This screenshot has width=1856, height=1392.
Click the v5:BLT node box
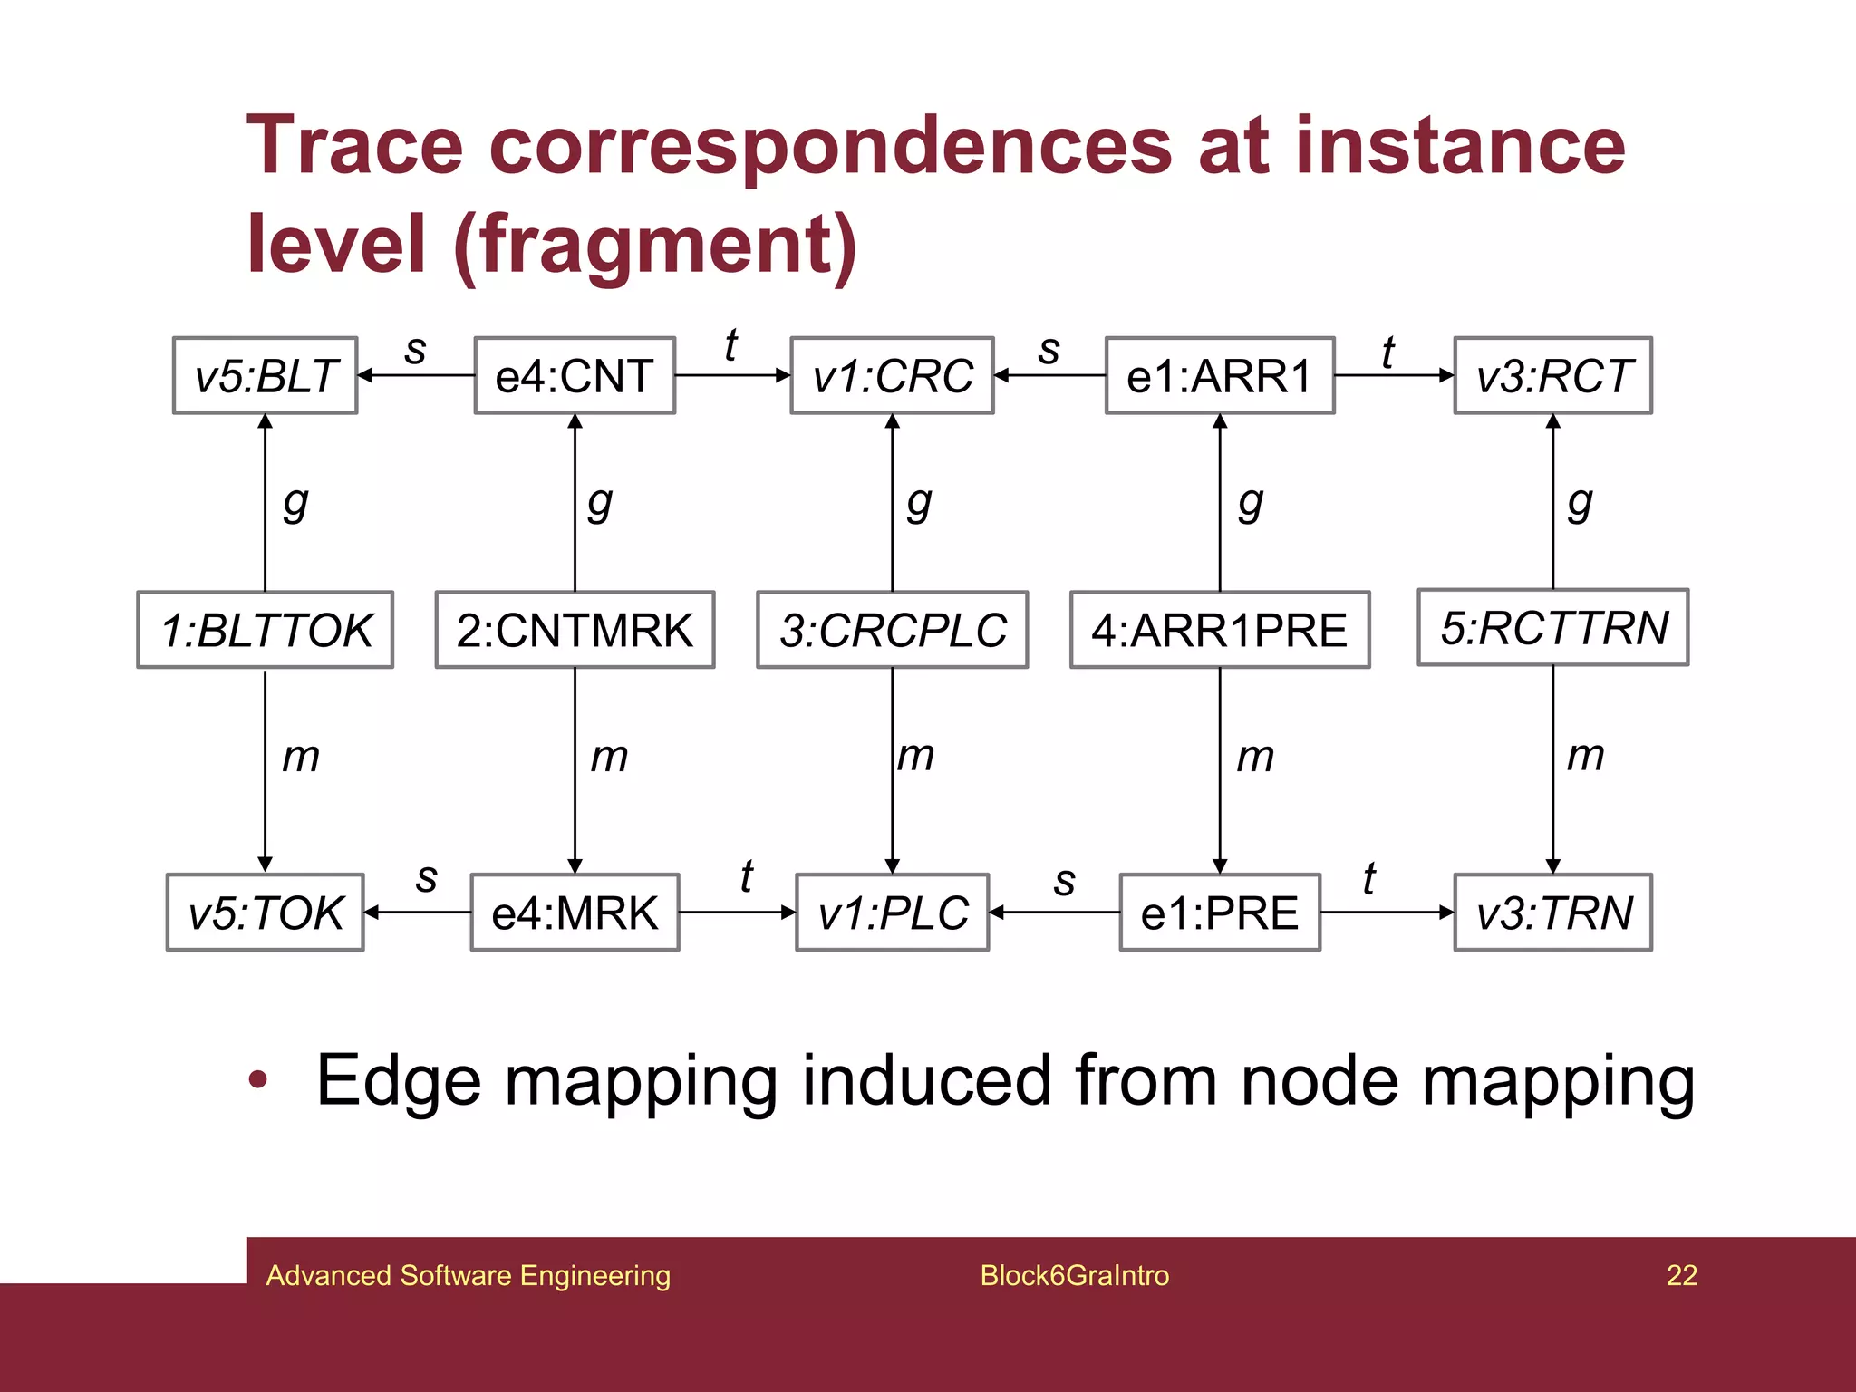[x=265, y=375]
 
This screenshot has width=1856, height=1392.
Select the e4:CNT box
[x=575, y=375]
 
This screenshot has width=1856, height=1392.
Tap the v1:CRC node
[x=892, y=375]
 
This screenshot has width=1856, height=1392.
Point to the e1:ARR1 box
[x=1219, y=375]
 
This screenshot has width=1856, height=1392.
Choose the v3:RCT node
[x=1552, y=375]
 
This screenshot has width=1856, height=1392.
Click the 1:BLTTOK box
[x=265, y=630]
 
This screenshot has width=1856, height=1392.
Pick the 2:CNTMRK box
[x=575, y=630]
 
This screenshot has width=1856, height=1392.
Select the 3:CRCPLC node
[x=892, y=630]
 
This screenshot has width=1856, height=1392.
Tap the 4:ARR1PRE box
[x=1219, y=630]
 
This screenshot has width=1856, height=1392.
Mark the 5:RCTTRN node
[x=1552, y=627]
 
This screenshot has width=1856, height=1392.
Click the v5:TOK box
[x=265, y=912]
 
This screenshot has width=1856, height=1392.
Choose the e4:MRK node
[x=575, y=912]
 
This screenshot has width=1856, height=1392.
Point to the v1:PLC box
[x=892, y=912]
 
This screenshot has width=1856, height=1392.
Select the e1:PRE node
[x=1219, y=912]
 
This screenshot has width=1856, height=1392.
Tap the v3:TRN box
[x=1552, y=912]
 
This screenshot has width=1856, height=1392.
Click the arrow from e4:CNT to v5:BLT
[x=416, y=375]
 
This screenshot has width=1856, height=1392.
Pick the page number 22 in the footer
[x=1681, y=1275]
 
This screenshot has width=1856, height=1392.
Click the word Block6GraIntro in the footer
[x=1074, y=1275]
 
